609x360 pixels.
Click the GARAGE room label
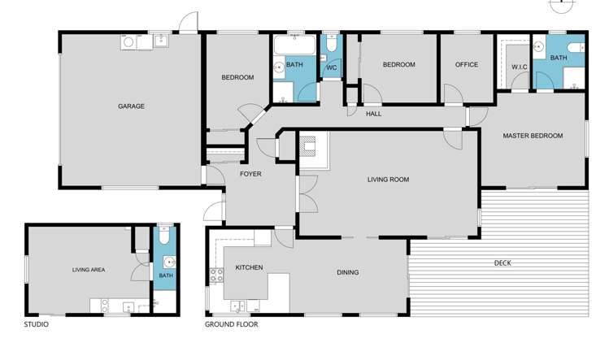(131, 106)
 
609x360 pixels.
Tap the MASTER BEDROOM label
(532, 136)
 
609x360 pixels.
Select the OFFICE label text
(466, 65)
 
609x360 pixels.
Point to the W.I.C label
(520, 67)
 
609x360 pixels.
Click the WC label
(331, 67)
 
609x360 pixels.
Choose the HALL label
(373, 114)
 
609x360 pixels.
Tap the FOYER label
(250, 174)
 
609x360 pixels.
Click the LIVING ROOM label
(388, 180)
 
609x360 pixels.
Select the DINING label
(348, 272)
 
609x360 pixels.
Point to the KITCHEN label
(249, 267)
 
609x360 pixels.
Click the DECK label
(502, 262)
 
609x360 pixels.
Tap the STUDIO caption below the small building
(36, 324)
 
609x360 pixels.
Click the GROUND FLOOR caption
(232, 324)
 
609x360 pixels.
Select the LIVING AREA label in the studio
(89, 270)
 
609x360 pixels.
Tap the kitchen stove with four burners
(217, 275)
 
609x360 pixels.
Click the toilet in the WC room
(332, 46)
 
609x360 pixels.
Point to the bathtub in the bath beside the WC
(289, 45)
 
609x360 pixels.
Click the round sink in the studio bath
(169, 262)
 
